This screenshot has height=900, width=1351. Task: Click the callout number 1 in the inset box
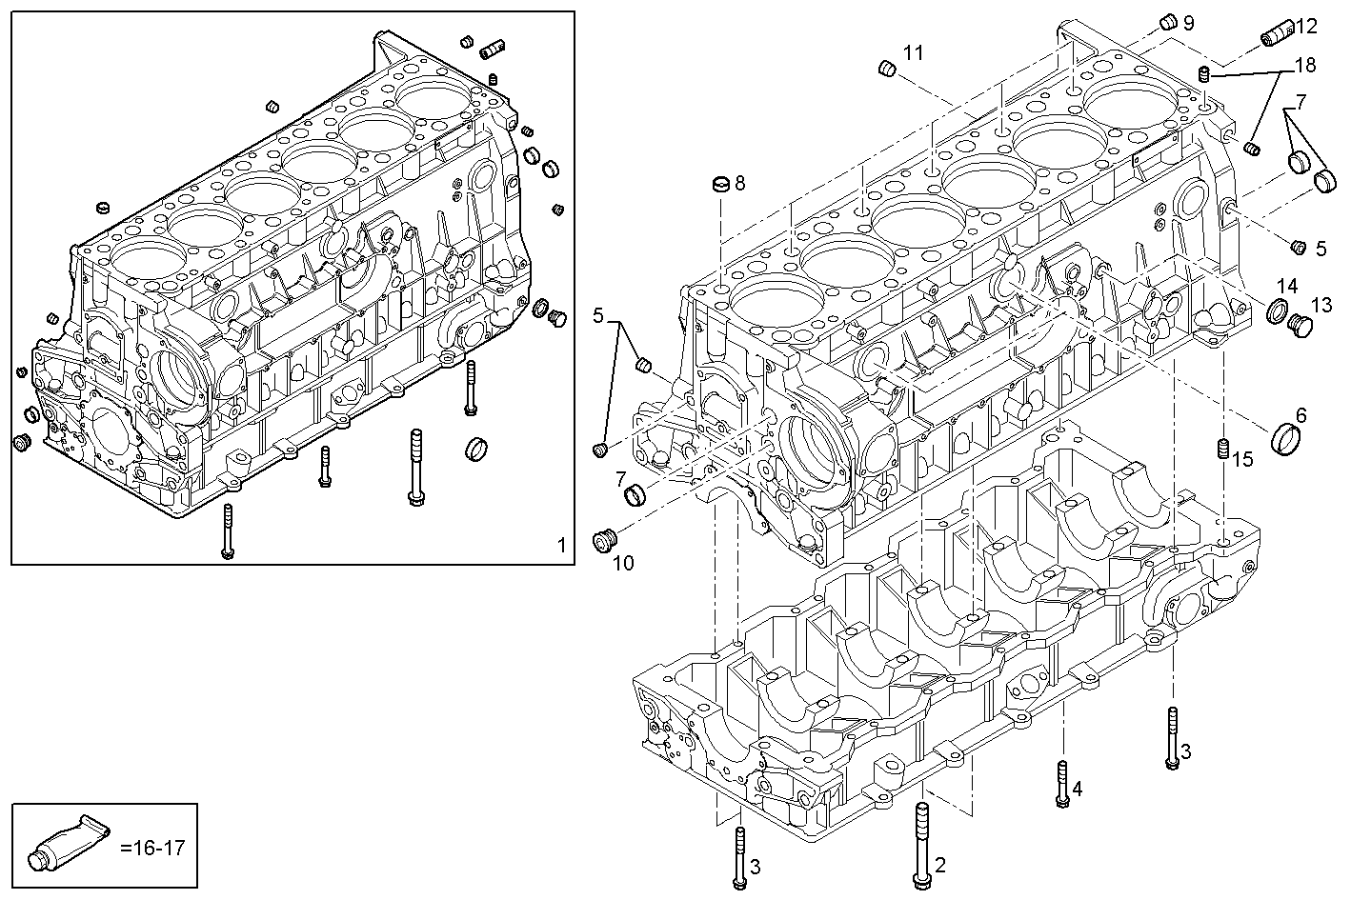[561, 545]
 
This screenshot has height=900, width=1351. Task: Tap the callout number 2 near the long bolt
[940, 865]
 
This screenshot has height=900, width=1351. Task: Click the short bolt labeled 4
[1062, 785]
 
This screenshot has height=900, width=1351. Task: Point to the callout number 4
[1078, 789]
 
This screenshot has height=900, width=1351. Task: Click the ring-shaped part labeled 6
[1286, 438]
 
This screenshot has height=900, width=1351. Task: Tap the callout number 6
[1301, 415]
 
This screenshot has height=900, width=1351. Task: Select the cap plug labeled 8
[722, 183]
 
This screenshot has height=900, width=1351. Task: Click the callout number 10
[622, 564]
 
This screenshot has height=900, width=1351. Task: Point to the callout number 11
[913, 53]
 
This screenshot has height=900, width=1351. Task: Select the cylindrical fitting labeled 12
[1275, 35]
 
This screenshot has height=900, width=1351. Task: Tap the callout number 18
[1304, 65]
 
